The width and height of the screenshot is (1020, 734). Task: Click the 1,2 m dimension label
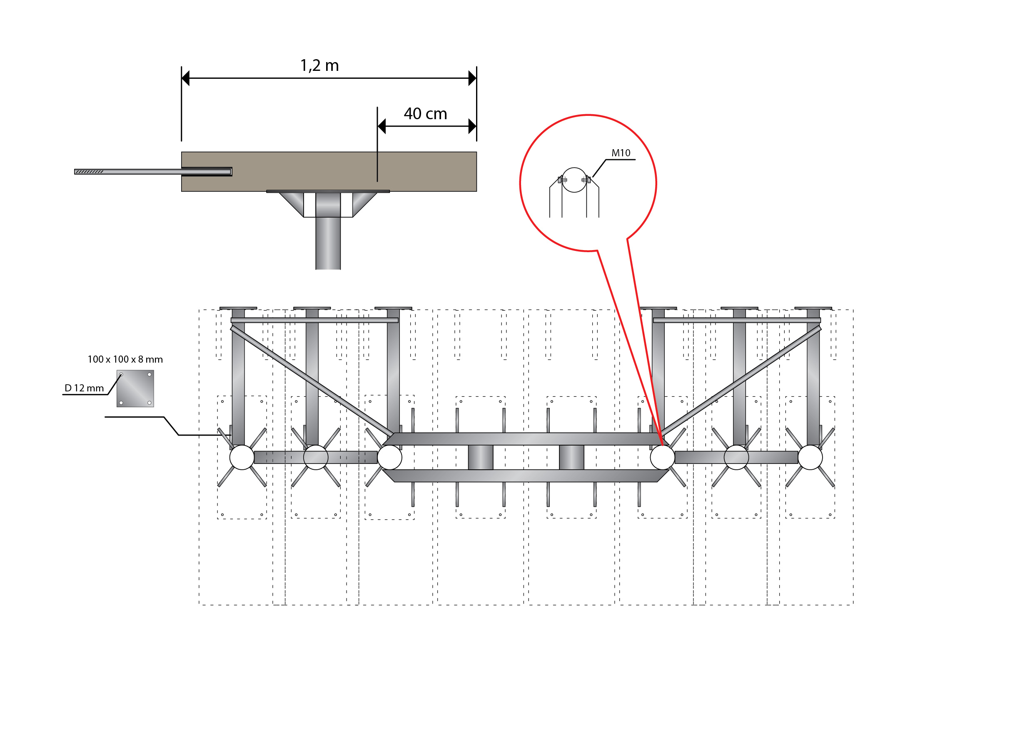tap(319, 66)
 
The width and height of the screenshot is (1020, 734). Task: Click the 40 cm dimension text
tap(425, 114)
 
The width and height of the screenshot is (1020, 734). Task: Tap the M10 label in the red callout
tap(621, 153)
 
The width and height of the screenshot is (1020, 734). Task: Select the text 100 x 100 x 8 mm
tap(125, 359)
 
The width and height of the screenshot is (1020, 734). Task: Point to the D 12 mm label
tap(84, 388)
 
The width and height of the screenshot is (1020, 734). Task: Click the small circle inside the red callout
tap(574, 180)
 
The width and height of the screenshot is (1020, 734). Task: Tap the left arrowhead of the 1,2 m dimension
tap(186, 78)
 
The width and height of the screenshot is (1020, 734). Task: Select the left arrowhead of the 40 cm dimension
tap(382, 126)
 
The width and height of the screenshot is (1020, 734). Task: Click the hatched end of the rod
tap(89, 171)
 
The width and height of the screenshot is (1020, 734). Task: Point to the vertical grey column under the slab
tap(328, 243)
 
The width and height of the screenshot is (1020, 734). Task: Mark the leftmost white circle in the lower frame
tap(242, 457)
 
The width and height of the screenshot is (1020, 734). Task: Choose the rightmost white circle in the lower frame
tap(810, 457)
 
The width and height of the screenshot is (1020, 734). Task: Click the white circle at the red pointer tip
tap(663, 457)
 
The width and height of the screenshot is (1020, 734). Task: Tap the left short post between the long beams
tap(480, 457)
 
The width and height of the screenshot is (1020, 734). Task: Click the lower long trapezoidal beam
tap(525, 476)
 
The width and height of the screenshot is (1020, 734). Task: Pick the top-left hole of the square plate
tap(121, 374)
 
